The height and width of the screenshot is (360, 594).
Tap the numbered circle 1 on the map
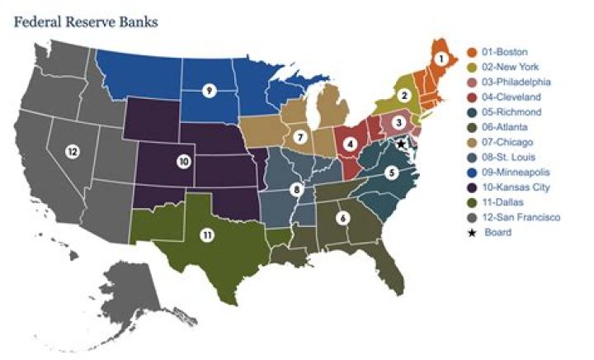441,59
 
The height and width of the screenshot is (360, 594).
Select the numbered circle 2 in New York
404,95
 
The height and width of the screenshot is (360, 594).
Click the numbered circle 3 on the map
398,122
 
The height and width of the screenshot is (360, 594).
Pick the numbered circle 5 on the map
392,172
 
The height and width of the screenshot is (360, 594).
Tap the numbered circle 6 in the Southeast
342,218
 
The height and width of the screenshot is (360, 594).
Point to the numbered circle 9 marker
210,89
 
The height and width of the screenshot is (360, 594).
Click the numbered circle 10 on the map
183,161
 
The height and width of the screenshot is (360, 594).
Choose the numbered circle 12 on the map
73,151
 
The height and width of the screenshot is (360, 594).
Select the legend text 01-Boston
508,52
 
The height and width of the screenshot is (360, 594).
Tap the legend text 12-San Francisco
523,217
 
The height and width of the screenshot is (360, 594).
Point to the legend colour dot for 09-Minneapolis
473,172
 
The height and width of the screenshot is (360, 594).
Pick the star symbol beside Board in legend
473,232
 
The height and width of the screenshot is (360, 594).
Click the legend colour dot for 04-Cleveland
473,97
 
